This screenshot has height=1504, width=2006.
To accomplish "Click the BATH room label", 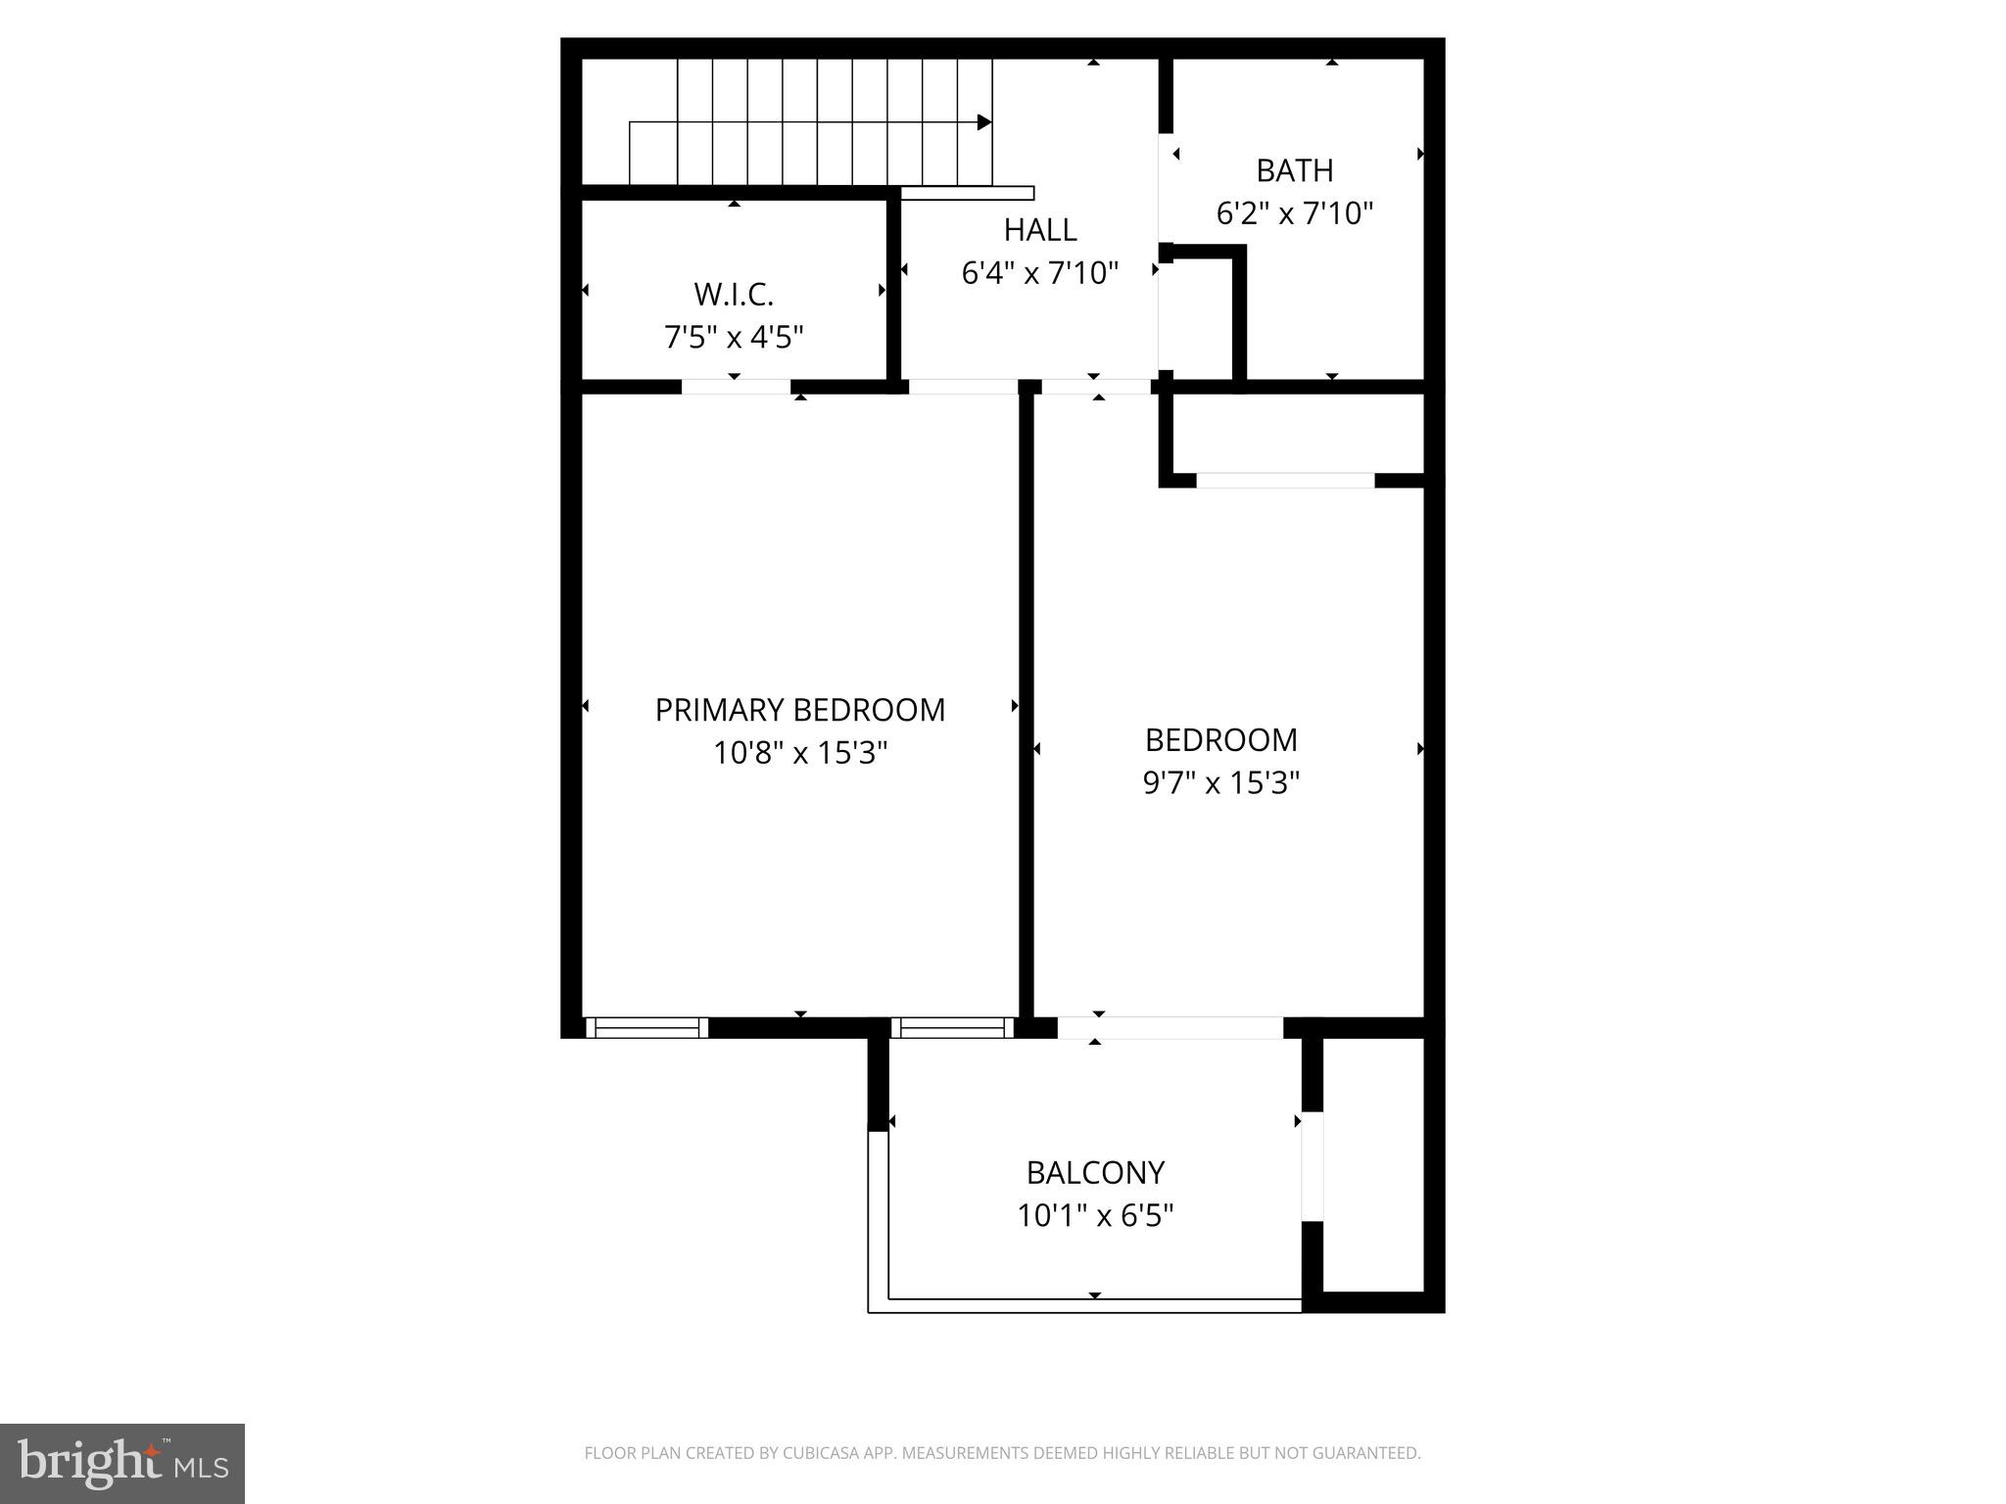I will click(x=1294, y=170).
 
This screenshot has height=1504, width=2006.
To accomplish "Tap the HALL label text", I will click(x=1039, y=229).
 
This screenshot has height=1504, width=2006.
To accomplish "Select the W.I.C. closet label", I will click(x=734, y=294).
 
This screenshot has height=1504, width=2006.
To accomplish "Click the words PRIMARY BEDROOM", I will click(x=799, y=710).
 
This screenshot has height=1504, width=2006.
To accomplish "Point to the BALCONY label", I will click(x=1095, y=1172).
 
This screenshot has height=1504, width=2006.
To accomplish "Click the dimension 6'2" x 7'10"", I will click(x=1294, y=213).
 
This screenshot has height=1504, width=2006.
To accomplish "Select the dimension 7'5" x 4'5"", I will click(x=734, y=337).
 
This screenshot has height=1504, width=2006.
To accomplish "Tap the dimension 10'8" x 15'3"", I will click(x=799, y=753).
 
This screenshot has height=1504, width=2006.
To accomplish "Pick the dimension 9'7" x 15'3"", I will click(x=1220, y=783).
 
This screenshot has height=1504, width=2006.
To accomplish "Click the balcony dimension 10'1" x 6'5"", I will click(x=1095, y=1216).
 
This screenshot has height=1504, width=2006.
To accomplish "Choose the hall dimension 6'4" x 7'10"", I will click(x=1039, y=272).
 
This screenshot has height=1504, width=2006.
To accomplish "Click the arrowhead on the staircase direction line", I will click(x=984, y=122).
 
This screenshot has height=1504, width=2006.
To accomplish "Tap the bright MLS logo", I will click(x=122, y=1464).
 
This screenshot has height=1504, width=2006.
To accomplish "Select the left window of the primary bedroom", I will click(x=646, y=1027).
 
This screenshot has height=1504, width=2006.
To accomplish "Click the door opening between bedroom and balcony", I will click(x=1170, y=1027).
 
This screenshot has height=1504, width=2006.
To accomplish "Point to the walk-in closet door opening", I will click(x=736, y=387).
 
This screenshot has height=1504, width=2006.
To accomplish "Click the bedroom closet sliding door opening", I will click(x=1285, y=480).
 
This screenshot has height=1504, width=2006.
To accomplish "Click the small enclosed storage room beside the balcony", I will click(x=1373, y=1165).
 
